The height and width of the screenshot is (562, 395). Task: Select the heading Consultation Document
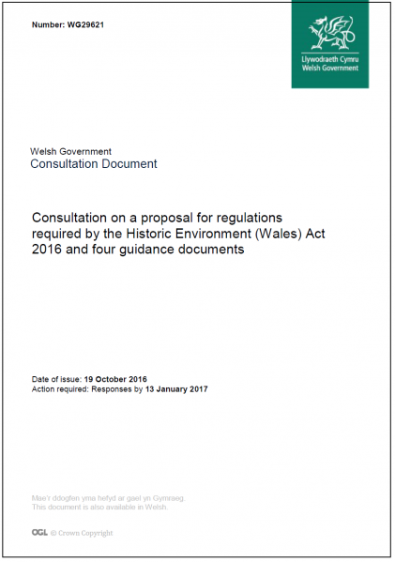[x=94, y=164]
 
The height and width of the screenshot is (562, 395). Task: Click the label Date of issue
[x=55, y=378]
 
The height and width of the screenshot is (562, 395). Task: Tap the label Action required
[x=61, y=388]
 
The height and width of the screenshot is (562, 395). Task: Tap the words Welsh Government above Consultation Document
[x=71, y=151]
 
